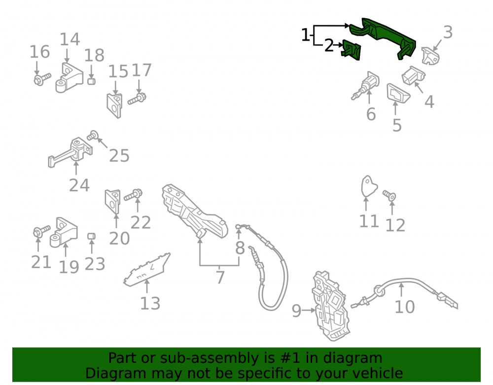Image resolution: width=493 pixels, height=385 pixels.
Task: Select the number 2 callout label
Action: tap(329, 45)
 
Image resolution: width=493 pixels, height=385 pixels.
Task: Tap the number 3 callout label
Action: tap(448, 32)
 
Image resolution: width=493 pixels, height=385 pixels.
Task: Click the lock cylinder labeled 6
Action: tap(365, 85)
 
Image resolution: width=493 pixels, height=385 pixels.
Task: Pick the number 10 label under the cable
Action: tap(405, 307)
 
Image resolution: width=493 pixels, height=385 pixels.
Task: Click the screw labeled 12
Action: tap(389, 196)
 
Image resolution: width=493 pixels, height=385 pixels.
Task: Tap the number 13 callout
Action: tap(150, 303)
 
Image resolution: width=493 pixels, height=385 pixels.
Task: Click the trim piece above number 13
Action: tap(147, 270)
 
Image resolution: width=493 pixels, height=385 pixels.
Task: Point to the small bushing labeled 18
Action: tap(91, 81)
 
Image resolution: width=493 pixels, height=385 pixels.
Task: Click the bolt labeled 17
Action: tap(137, 99)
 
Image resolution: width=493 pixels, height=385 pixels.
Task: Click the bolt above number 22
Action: tap(133, 195)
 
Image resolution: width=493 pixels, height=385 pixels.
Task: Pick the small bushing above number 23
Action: tap(91, 236)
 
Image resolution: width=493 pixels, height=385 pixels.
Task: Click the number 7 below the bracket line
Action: tap(220, 277)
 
